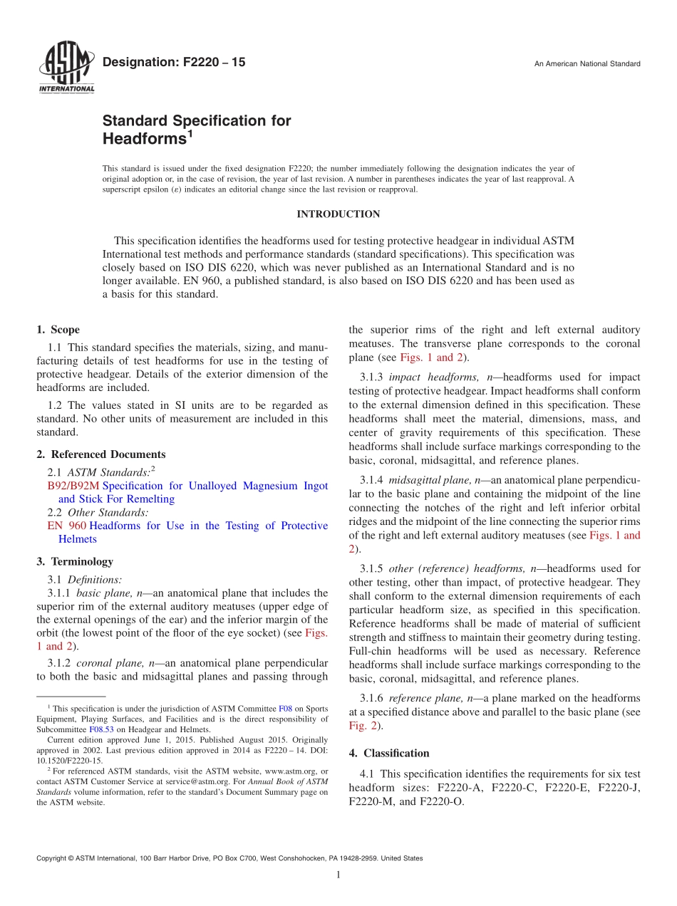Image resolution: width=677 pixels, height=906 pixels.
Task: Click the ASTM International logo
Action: click(x=66, y=68)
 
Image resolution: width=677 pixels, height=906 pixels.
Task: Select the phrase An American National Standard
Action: click(x=587, y=64)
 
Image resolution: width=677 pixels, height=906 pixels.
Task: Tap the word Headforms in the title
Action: click(x=144, y=138)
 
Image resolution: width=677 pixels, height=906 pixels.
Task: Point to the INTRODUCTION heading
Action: click(x=338, y=214)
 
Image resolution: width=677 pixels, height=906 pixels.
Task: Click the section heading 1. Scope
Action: click(x=58, y=330)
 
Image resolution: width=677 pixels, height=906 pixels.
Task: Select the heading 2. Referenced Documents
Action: click(x=100, y=454)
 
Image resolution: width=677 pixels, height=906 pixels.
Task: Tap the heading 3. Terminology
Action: click(x=75, y=562)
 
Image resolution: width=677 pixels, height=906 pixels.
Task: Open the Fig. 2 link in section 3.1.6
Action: click(x=361, y=726)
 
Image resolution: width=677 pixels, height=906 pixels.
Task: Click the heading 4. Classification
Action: click(x=389, y=753)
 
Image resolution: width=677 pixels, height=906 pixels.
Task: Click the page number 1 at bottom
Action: click(x=338, y=875)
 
